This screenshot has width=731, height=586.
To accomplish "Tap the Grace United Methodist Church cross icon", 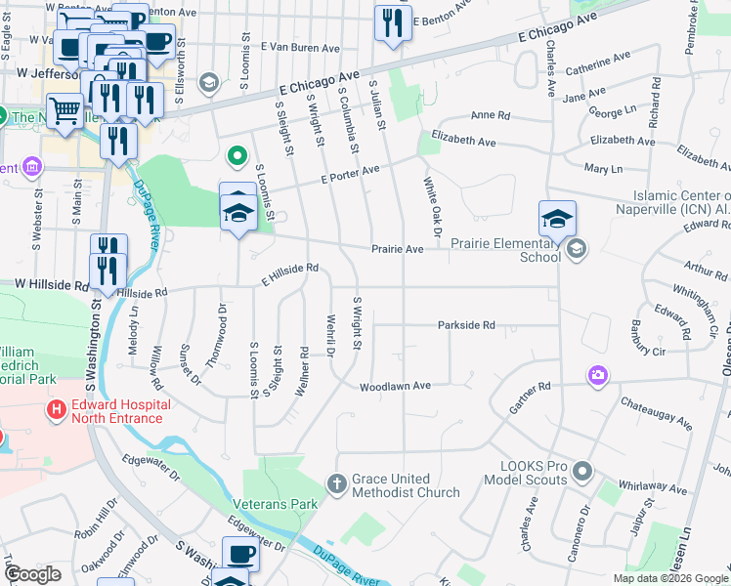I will pos(336,483).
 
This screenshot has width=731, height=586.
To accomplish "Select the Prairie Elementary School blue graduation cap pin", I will pos(557,219).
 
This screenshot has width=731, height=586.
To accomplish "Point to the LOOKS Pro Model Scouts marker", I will pos(583,473).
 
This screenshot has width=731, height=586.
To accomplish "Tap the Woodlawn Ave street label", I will pos(395,387).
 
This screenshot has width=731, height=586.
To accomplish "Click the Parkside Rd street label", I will pos(466,325).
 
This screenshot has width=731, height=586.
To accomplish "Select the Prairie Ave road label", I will pos(397,249).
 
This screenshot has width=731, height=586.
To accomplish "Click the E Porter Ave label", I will pos(349,176).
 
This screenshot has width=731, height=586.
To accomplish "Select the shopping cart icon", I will pos(65,110).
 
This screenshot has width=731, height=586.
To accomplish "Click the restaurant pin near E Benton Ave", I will pos(393,24).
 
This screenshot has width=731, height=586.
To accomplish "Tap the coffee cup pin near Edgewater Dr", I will pos(240,555).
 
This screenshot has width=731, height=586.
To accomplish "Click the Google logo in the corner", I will pos(32,574).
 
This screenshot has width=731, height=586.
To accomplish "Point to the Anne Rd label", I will pos(491,115).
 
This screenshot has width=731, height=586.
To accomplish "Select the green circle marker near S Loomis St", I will pos(235,155).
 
